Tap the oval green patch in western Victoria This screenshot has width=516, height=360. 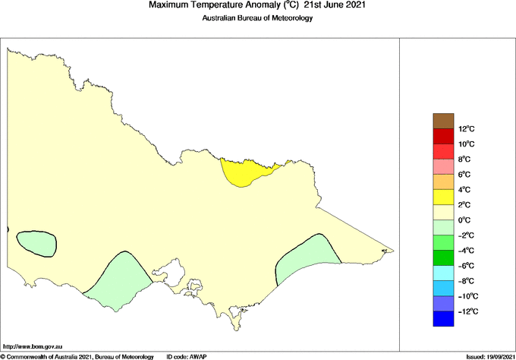[36, 244]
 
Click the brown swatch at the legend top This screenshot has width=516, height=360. [443, 121]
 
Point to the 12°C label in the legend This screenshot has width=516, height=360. [466, 129]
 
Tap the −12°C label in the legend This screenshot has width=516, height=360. [467, 311]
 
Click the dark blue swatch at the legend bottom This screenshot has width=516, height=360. [443, 319]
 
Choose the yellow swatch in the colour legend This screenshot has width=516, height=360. [443, 197]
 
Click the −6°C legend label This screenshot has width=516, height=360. [466, 266]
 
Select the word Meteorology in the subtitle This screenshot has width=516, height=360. [288, 18]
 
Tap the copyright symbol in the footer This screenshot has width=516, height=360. [3, 356]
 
